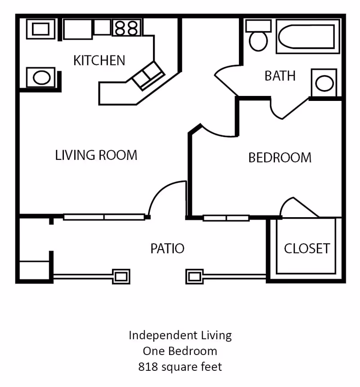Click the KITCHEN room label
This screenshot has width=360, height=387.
(x=99, y=60)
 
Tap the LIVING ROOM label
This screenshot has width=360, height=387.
(x=96, y=155)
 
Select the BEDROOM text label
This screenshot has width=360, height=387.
(x=280, y=158)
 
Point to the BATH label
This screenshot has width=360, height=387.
(x=280, y=76)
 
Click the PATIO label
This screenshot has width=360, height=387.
(x=167, y=248)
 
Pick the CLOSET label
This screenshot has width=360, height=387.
(x=306, y=248)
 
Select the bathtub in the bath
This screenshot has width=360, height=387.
(x=308, y=36)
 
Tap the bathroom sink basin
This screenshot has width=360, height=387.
(x=324, y=83)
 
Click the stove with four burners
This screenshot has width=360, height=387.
(x=126, y=27)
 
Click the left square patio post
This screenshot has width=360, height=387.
(x=121, y=276)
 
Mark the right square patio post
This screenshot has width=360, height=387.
(x=194, y=276)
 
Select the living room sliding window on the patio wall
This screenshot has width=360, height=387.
(x=104, y=217)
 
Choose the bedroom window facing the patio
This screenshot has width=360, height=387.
(x=226, y=218)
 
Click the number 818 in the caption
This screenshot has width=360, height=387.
(x=147, y=367)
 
